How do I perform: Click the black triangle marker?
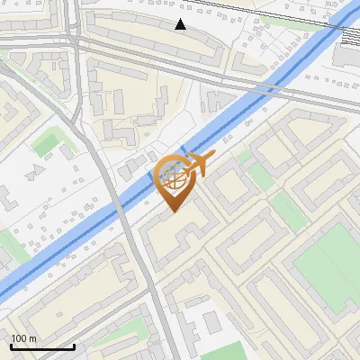click(181, 24)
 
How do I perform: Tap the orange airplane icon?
click(198, 165)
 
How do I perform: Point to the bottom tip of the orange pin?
click(173, 211)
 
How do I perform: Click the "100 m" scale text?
click(23, 338)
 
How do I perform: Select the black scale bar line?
click(42, 346)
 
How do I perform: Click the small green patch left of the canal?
click(45, 142)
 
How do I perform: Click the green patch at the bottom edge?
click(229, 351)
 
